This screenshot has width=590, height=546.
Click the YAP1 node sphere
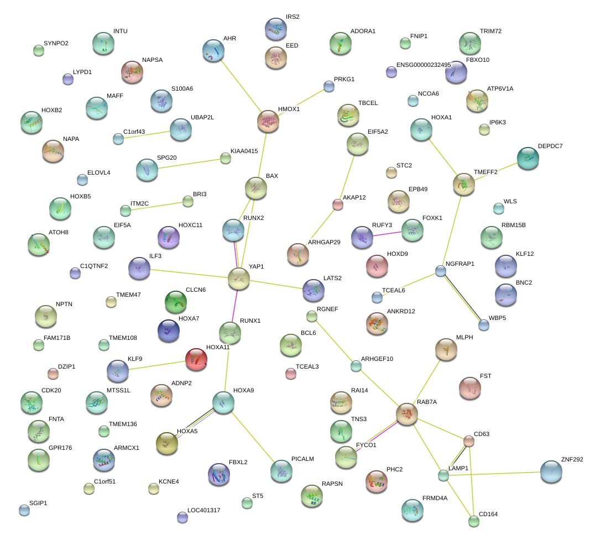click(239, 279)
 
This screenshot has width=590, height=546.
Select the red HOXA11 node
click(196, 359)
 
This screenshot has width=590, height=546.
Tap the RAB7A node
click(407, 414)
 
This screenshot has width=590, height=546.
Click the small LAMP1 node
click(443, 475)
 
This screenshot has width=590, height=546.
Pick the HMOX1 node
click(269, 121)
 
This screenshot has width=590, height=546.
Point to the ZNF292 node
click(551, 471)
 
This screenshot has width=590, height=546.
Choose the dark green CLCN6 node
click(176, 301)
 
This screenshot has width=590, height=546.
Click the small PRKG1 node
click(329, 86)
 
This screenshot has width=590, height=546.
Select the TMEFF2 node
click(463, 185)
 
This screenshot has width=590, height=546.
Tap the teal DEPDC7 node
click(528, 158)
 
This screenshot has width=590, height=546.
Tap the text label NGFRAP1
click(460, 264)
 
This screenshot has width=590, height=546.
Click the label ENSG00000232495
click(424, 65)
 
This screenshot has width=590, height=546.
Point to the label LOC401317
click(204, 510)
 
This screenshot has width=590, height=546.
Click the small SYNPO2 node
click(38, 50)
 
